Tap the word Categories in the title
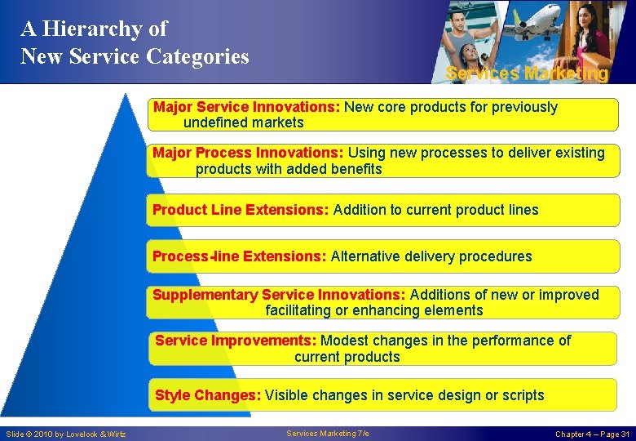[x=198, y=56]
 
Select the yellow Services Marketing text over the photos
[x=527, y=73]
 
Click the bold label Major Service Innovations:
[x=247, y=107]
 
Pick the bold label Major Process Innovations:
[x=248, y=153]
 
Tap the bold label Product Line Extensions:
[x=241, y=210]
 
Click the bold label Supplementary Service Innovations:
[x=279, y=295]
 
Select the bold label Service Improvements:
[x=236, y=341]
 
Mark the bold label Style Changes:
[x=208, y=395]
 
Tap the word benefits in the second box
[x=355, y=169]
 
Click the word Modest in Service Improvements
[x=346, y=341]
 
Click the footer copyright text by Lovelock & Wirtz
[x=66, y=434]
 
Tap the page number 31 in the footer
[x=624, y=434]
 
